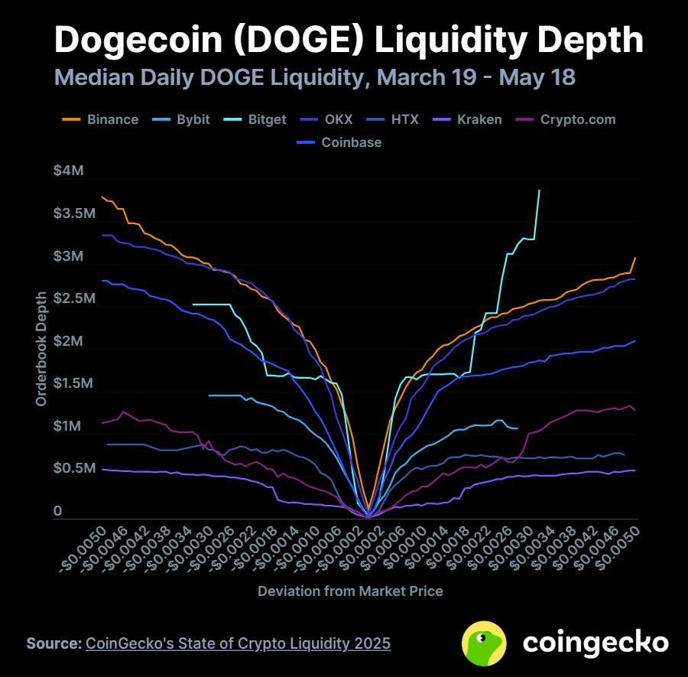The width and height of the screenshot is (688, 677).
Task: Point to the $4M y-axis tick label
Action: click(x=68, y=171)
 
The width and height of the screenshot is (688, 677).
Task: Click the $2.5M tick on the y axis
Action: click(x=74, y=298)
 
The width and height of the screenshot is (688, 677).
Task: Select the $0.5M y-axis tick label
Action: click(x=74, y=468)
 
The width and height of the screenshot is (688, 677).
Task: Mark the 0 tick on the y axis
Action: click(x=57, y=511)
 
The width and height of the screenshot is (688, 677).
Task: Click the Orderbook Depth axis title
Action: click(x=41, y=349)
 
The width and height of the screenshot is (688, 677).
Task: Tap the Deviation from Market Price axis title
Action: click(x=350, y=591)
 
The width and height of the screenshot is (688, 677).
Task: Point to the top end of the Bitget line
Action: click(x=540, y=190)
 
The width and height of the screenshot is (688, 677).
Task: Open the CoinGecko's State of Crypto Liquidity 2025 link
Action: click(x=238, y=643)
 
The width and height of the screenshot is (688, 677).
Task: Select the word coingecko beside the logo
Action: click(x=596, y=643)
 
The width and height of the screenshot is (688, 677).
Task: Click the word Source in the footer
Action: click(x=54, y=643)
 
